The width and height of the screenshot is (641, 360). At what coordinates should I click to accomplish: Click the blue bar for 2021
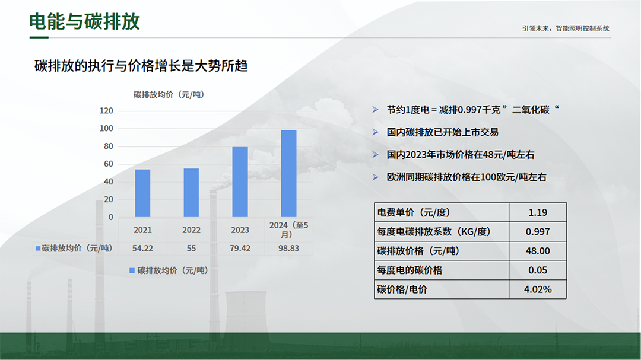tap(142, 193)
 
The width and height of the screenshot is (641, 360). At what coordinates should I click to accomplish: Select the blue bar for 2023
tap(240, 182)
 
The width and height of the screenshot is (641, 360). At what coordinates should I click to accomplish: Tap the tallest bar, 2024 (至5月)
tap(288, 174)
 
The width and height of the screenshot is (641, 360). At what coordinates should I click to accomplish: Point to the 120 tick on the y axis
tap(106, 111)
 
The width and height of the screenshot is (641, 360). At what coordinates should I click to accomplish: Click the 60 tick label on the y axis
tap(109, 164)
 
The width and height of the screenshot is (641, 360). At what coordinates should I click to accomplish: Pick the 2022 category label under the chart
tap(191, 230)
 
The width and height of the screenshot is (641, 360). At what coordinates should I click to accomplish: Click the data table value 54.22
tap(142, 248)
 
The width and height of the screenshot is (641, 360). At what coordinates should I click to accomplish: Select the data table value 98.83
tap(288, 248)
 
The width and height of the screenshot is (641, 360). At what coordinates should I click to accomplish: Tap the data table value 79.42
tap(240, 248)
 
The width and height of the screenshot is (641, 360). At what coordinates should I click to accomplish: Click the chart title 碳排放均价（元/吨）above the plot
tap(169, 95)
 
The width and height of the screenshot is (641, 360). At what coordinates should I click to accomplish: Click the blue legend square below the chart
tap(132, 270)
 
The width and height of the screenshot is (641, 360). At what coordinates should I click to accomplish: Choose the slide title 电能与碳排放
tap(85, 22)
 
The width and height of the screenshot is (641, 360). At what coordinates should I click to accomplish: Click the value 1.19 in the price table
tap(538, 212)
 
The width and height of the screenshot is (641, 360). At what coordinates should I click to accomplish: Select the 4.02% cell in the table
tap(538, 289)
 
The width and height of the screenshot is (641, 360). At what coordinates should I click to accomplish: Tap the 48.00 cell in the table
tap(538, 251)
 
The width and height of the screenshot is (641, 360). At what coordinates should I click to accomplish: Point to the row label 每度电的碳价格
tap(410, 270)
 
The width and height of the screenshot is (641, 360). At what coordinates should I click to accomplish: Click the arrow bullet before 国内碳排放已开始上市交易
tap(375, 132)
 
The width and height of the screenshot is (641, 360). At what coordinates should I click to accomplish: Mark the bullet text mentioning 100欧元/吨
tap(467, 177)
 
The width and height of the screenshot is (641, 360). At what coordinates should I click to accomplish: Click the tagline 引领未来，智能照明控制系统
tap(566, 28)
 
